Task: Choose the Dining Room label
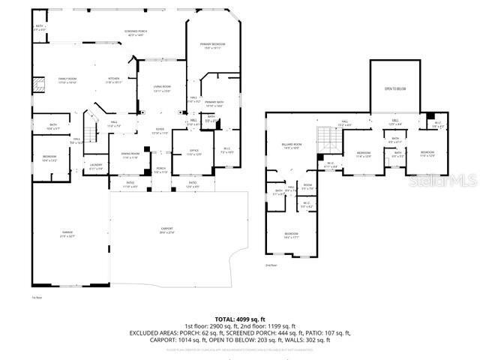pos(130,155)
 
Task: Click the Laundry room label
pos(96,166)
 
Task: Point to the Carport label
pos(167,232)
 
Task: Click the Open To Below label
pos(395,88)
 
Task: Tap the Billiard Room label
pos(292,145)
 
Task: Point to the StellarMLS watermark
pos(450,180)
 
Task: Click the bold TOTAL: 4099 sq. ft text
pos(236,319)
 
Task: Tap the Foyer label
pos(160,130)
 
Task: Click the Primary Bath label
pos(214,103)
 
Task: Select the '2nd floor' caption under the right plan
pos(271,265)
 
